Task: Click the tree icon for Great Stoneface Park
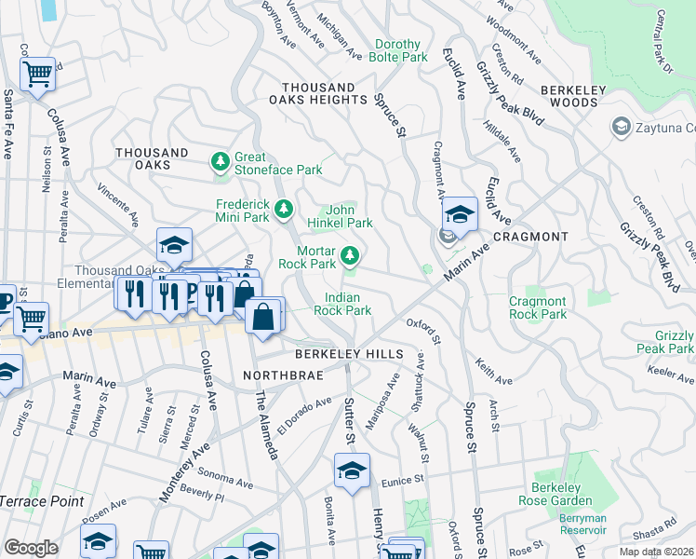[x=221, y=163]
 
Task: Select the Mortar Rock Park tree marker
[x=350, y=255]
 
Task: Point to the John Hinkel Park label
[x=346, y=216]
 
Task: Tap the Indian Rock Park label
[x=342, y=304]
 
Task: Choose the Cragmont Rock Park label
[x=538, y=307]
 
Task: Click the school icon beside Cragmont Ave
[x=459, y=214]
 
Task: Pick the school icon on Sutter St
[x=352, y=470]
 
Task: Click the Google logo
[x=31, y=547]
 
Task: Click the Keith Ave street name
[x=493, y=371]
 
